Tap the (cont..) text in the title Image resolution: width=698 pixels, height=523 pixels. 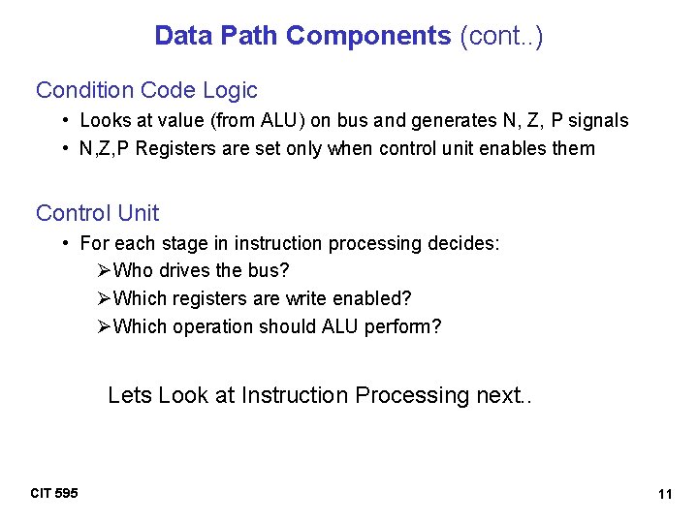point(501,37)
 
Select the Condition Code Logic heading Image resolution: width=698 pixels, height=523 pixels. point(146,91)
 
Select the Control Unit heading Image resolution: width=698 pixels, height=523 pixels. point(97,213)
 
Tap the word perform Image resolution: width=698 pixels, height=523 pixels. point(402,326)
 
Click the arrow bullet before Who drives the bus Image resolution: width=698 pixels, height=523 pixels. point(105,270)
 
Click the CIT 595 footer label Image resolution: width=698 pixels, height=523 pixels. point(54,494)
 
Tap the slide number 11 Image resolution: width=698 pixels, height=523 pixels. point(664,495)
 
